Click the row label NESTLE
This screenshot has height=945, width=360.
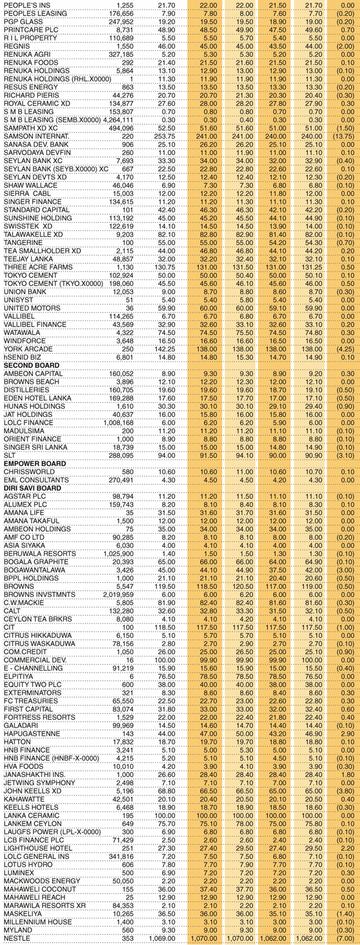coord(17,938)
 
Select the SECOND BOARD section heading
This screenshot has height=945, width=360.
coord(31,365)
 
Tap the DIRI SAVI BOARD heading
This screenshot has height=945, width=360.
coord(33,488)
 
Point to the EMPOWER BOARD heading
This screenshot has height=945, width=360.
coord(32,464)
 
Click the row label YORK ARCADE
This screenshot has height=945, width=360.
coord(26,349)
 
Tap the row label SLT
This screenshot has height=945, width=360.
coord(10,455)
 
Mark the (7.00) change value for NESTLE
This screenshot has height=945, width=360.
coord(345,938)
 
